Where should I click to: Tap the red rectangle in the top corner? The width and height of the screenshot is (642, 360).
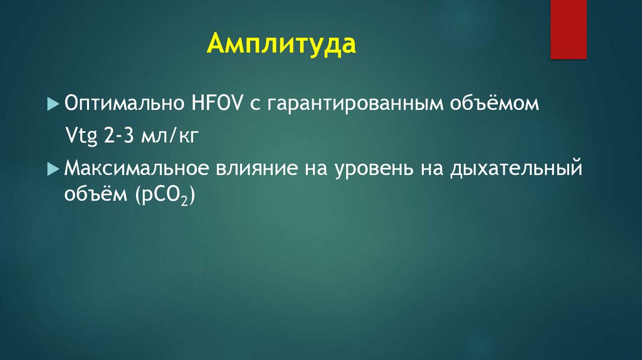568,29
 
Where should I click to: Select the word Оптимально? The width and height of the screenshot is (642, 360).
119,103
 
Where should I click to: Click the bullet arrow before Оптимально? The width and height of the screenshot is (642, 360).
52,103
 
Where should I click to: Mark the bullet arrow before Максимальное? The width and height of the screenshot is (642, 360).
52,169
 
